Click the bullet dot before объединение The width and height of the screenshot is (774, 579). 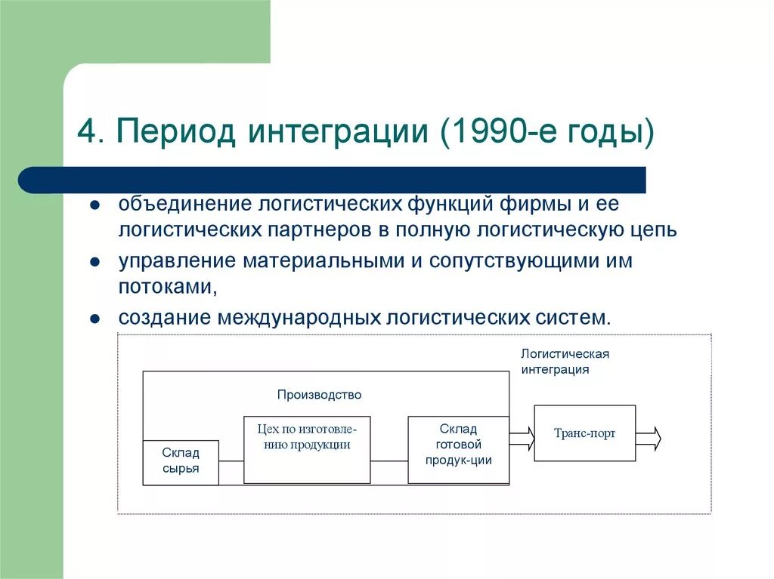coord(94,206)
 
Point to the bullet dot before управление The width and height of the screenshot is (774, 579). coord(94,262)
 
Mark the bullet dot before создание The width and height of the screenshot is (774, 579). coord(94,318)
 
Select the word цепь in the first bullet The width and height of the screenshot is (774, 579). coord(652,229)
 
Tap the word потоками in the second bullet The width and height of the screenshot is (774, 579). coord(166,288)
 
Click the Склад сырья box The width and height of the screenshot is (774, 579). coord(181,462)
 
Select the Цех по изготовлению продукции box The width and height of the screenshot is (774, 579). coord(307,449)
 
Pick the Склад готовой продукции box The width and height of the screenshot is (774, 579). coord(458,449)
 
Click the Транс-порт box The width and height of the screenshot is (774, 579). coord(584,433)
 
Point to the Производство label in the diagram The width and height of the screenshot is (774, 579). coord(319,395)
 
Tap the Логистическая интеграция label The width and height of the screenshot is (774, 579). coord(565,362)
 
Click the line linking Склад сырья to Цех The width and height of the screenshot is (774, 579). coord(231,461)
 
